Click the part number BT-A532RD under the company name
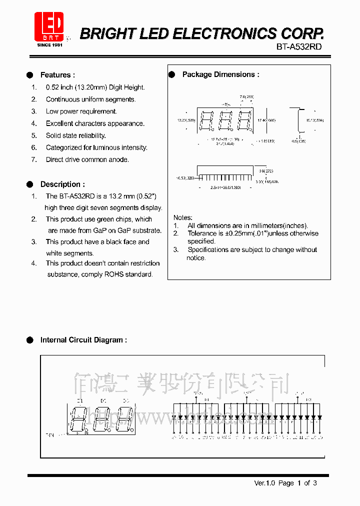point(299,46)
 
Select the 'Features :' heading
point(57,75)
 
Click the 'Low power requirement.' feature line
point(81,111)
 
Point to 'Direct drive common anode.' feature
point(87,159)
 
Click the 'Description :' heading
point(62,184)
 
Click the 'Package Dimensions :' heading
point(220,74)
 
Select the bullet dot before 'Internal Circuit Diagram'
point(30,340)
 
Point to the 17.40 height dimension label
point(266,120)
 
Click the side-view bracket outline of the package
point(298,120)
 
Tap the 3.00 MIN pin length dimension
point(267,182)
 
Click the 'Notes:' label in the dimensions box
point(182,217)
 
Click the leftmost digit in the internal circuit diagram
point(80,418)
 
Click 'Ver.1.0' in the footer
point(264,483)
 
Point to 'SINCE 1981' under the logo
point(49,44)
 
